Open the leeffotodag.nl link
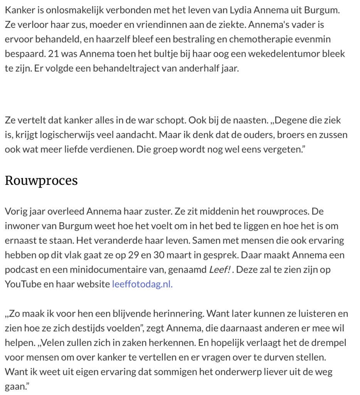pos(142,284)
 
